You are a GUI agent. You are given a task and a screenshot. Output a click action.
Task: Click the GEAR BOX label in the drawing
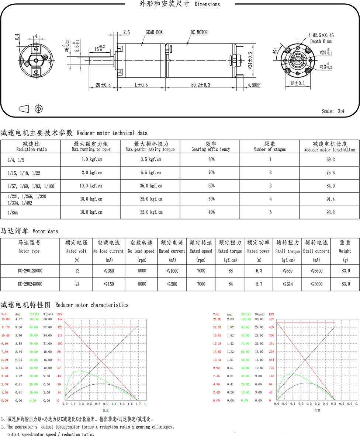pyautogui.click(x=154, y=32)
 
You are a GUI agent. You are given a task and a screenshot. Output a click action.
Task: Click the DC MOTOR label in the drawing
pyautogui.click(x=199, y=32)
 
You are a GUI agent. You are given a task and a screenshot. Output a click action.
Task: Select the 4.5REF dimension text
pyautogui.click(x=254, y=85)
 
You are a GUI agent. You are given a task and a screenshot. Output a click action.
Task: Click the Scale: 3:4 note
pyautogui.click(x=333, y=111)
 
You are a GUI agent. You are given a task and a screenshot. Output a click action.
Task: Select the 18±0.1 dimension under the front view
pyautogui.click(x=297, y=84)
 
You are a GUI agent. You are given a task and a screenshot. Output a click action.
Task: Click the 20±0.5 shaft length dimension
pyautogui.click(x=103, y=85)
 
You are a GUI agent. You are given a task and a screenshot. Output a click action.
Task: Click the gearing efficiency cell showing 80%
pyautogui.click(x=211, y=160)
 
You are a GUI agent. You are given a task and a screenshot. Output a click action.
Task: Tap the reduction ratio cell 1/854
pyautogui.click(x=14, y=212)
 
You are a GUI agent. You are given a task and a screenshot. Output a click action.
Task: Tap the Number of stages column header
pyautogui.click(x=270, y=147)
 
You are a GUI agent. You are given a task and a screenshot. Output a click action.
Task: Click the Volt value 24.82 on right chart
pyautogui.click(x=217, y=319)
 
